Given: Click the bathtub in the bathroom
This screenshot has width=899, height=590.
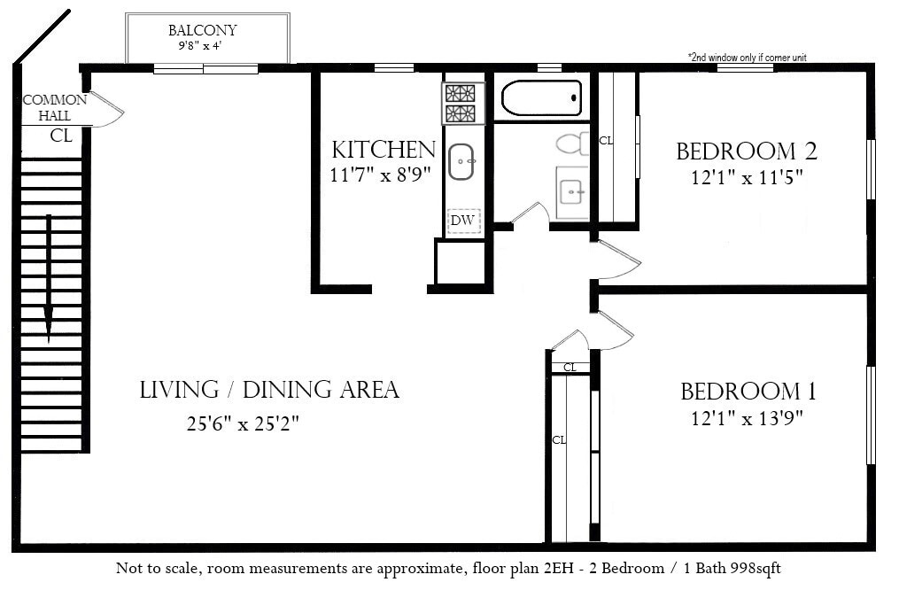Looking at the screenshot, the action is coord(541,98).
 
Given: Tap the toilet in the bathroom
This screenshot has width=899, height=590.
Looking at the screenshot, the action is coord(572,144).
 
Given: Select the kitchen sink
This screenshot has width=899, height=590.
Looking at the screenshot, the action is coord(461,162).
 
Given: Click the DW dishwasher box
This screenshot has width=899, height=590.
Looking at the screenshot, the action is coord(463,221).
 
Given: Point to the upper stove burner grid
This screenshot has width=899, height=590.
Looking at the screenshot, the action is coord(461,93).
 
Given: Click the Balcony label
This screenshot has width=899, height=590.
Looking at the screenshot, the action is coord(203,30).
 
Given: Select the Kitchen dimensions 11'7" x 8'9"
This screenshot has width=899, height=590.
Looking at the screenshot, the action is coord(380,175).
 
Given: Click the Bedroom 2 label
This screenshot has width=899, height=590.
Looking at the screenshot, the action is coord(747,151).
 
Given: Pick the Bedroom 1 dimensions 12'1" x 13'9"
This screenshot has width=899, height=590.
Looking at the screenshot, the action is coord(747,418).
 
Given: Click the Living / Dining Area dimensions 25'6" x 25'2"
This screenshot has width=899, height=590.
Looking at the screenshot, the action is coord(243,423).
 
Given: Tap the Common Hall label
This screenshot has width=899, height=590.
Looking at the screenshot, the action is coord(55,107).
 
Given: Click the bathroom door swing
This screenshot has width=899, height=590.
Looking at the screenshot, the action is coord(531,213).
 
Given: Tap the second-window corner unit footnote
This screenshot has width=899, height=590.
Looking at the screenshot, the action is coord(747,58).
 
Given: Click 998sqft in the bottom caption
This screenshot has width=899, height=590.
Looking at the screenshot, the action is coord(756,569).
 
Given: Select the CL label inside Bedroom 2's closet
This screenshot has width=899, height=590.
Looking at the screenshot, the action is coord(606,140).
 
